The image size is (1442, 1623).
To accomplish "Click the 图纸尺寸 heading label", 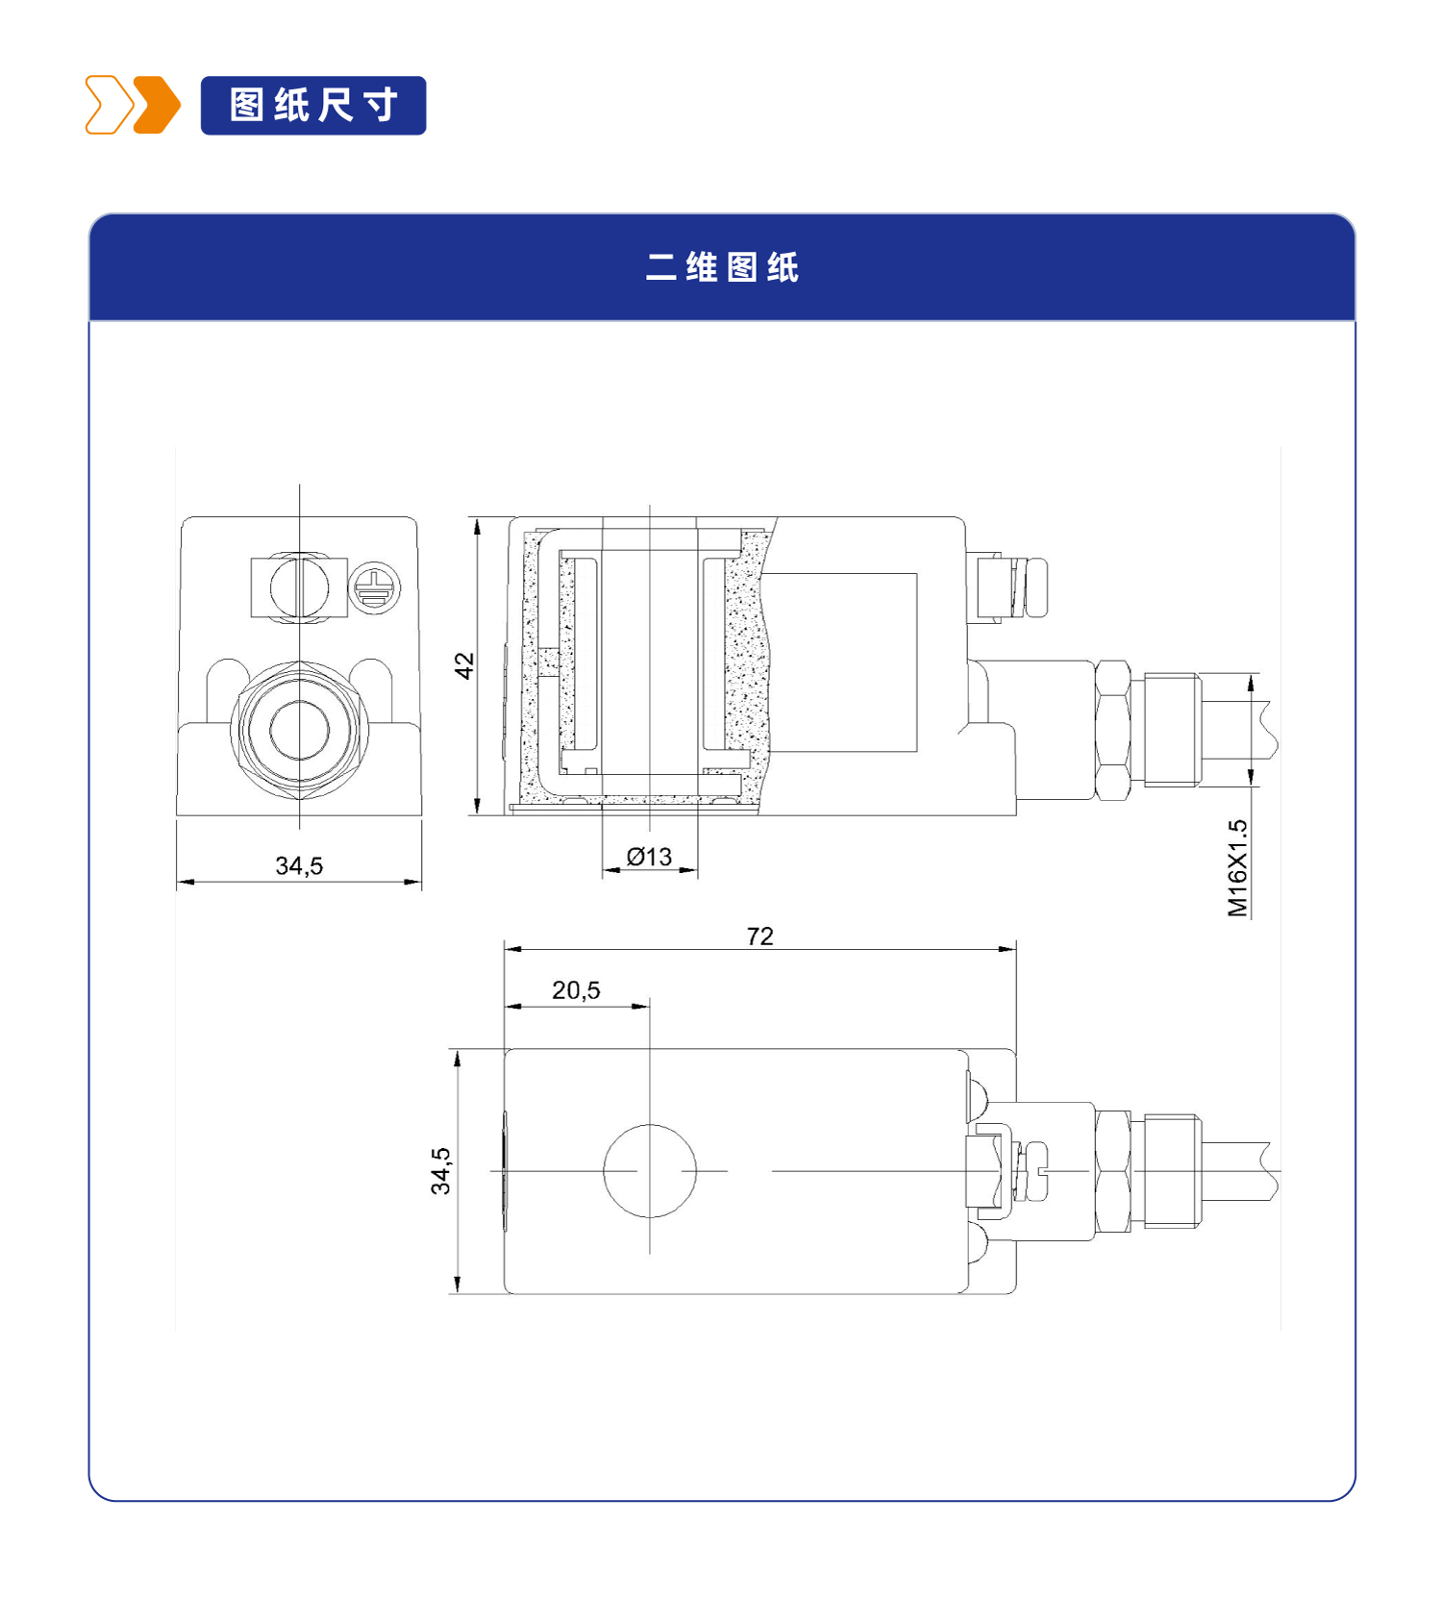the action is click(313, 105).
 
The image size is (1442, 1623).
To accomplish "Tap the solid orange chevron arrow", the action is click(157, 105).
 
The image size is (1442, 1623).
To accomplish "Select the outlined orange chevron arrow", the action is click(110, 105).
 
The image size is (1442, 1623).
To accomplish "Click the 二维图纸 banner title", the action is click(722, 266).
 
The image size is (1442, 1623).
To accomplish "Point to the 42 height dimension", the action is click(464, 665).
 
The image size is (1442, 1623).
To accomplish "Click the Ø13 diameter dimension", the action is click(649, 856).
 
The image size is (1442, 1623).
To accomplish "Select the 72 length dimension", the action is click(759, 936).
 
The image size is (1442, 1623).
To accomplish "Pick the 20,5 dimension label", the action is click(576, 989).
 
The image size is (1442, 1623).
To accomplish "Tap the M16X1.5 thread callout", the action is click(1237, 868).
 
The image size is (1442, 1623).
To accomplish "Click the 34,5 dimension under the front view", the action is click(299, 865).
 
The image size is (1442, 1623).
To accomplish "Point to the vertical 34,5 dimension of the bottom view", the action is click(440, 1170).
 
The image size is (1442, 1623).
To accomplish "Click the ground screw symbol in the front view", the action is click(374, 587).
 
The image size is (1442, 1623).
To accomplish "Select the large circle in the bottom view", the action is click(650, 1170).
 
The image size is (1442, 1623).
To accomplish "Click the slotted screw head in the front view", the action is click(299, 587).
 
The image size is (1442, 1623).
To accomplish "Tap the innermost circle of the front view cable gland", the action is click(299, 730).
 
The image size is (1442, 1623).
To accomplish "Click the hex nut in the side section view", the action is click(1113, 730).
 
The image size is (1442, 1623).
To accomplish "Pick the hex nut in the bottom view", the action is click(1113, 1171).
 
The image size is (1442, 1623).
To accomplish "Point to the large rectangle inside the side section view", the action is click(839, 662).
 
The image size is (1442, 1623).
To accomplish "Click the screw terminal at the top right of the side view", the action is click(1009, 587).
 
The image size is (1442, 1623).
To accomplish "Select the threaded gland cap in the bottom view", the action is click(1172, 1171).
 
